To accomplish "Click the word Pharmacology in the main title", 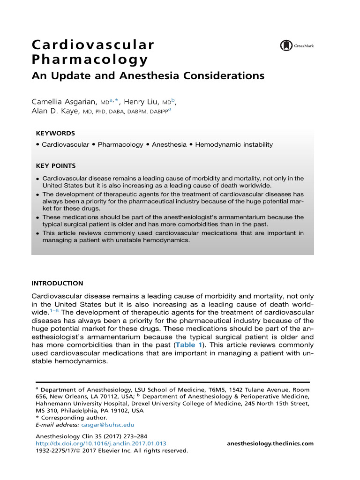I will click(x=90, y=60).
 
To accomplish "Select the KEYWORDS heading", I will click(x=55, y=133).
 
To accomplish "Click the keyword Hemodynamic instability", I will click(x=233, y=144).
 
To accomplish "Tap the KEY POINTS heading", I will click(x=56, y=166).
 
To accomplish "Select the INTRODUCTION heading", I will click(x=57, y=283).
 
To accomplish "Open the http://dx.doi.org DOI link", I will click(x=101, y=443).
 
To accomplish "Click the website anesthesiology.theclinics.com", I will click(x=270, y=443).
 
